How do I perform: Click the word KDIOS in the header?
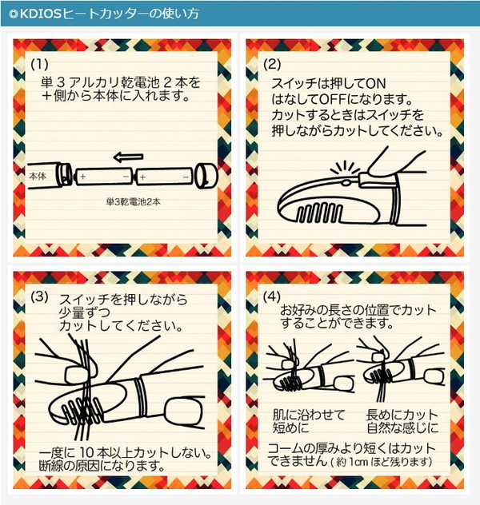(x=40, y=14)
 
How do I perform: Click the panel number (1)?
(x=39, y=64)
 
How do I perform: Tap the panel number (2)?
(x=272, y=65)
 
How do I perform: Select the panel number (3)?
(x=39, y=296)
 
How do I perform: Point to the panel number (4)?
(x=272, y=296)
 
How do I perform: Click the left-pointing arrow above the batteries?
(x=128, y=157)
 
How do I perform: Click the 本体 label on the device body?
(x=38, y=176)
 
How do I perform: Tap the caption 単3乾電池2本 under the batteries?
(x=133, y=202)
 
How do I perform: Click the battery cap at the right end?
(x=206, y=177)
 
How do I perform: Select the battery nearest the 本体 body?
(x=103, y=177)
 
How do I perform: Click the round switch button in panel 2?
(x=346, y=183)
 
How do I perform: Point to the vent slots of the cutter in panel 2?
(x=319, y=213)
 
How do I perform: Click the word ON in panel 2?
(x=375, y=84)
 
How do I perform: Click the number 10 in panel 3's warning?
(x=86, y=452)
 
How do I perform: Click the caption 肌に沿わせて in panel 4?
(x=309, y=415)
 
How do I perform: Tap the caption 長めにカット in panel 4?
(x=402, y=415)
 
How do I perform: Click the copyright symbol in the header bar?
(x=13, y=14)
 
